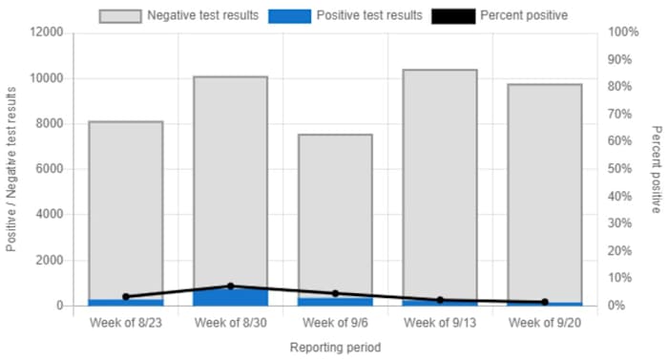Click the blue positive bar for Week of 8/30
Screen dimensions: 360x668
pyautogui.click(x=231, y=297)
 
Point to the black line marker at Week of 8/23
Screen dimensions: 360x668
pyautogui.click(x=126, y=297)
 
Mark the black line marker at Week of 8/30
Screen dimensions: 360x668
pyautogui.click(x=231, y=286)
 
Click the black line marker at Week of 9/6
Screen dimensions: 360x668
pyautogui.click(x=336, y=294)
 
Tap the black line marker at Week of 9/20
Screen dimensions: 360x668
pyautogui.click(x=545, y=302)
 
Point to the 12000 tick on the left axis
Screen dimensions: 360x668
pyautogui.click(x=46, y=32)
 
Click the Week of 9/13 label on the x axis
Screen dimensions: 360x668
pyautogui.click(x=440, y=323)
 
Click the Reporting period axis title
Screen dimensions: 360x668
pyautogui.click(x=336, y=347)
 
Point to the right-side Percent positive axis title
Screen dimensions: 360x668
pyautogui.click(x=657, y=169)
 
